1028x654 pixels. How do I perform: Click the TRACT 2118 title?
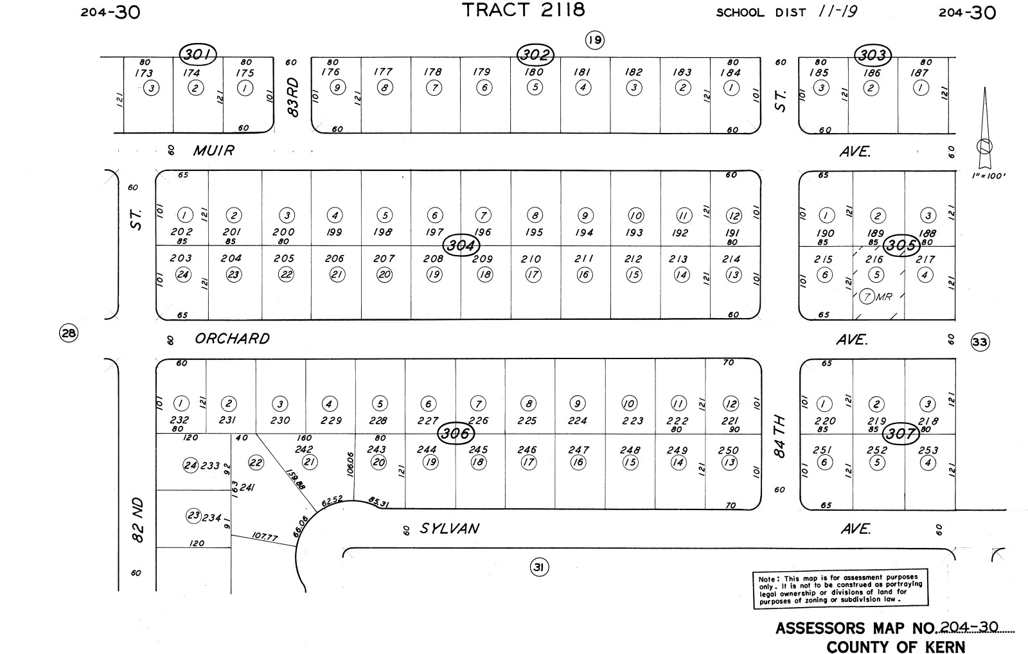coord(524,10)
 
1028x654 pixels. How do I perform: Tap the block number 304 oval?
coord(461,245)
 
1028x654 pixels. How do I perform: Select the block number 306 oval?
coord(456,434)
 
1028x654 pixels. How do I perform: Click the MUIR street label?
coord(214,151)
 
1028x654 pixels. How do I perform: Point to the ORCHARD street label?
coord(232,339)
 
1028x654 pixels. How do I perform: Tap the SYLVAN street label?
coord(449,529)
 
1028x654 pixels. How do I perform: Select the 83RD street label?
coord(294,97)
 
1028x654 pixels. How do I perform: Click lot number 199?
coord(334,232)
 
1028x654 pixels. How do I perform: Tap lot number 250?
coord(729,450)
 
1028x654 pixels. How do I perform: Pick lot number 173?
coord(144,73)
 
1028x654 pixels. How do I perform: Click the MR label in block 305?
coord(885,297)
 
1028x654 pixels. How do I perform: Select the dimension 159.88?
coord(296,478)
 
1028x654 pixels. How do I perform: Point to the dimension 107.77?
coord(264,536)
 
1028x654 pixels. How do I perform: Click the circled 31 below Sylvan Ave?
coord(539,567)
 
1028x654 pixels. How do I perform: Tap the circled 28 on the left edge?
coord(68,333)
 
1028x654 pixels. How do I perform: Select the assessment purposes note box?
coord(840,588)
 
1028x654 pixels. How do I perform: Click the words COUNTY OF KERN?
coord(895,646)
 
